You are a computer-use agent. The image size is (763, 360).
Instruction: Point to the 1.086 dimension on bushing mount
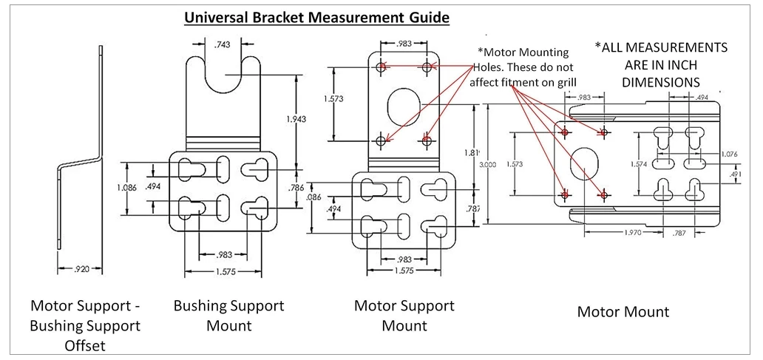click(x=126, y=188)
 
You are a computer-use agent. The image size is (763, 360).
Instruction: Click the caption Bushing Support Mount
click(x=228, y=315)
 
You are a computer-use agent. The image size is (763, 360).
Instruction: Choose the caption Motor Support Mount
click(x=404, y=315)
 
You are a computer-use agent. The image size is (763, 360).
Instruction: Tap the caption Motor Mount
click(x=623, y=312)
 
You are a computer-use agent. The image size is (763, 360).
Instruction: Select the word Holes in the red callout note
click(x=494, y=67)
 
